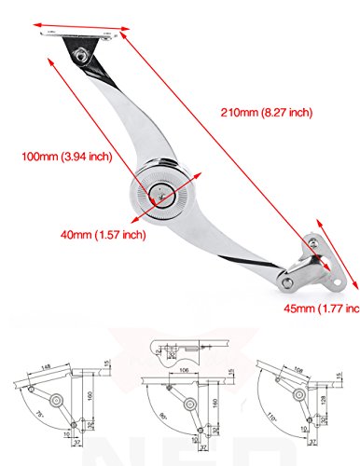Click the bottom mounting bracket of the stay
click(x=312, y=270)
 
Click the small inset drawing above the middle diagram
click(x=182, y=352)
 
